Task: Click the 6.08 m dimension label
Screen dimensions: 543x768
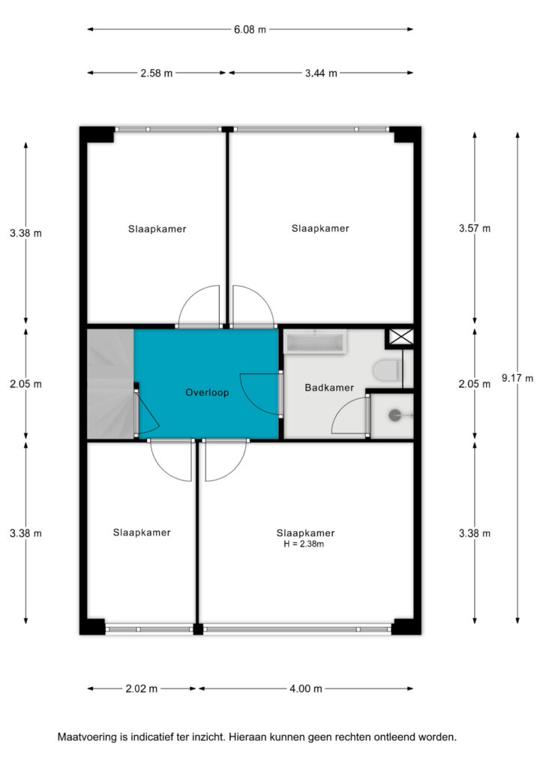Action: click(250, 29)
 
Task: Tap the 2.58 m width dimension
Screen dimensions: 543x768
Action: click(157, 73)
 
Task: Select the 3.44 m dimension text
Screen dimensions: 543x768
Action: click(321, 73)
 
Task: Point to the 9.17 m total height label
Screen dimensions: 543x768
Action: click(517, 378)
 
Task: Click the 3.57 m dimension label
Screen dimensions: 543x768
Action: click(475, 228)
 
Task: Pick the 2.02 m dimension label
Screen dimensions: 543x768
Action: click(142, 688)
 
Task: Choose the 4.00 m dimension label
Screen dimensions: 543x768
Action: click(306, 688)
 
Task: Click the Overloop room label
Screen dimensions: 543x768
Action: click(207, 392)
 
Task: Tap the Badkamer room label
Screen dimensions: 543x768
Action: click(329, 388)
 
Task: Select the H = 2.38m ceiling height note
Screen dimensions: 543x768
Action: click(304, 544)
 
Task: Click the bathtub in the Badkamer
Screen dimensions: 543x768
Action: click(316, 341)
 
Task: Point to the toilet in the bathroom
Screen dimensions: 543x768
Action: click(388, 370)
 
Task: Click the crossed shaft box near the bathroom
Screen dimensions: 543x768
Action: click(401, 337)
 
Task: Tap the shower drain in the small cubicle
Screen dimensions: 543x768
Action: click(394, 415)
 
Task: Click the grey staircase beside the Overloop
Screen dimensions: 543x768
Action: click(111, 384)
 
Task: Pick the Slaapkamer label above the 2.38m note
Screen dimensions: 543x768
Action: click(305, 533)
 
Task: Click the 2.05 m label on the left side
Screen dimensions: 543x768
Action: click(25, 384)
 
